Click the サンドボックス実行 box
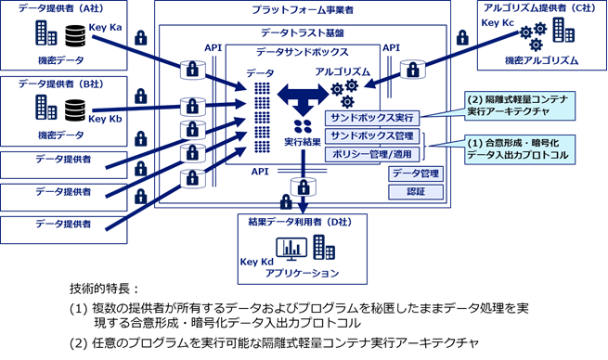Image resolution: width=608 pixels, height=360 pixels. coord(371,118)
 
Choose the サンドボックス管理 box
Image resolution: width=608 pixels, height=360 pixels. coord(371,136)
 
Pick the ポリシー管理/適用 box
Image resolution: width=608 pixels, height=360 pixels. coord(371,153)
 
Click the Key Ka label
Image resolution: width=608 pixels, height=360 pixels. coord(103,31)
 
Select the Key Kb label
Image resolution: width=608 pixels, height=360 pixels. coord(103,119)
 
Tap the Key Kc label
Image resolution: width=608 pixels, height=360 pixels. coord(498,20)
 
